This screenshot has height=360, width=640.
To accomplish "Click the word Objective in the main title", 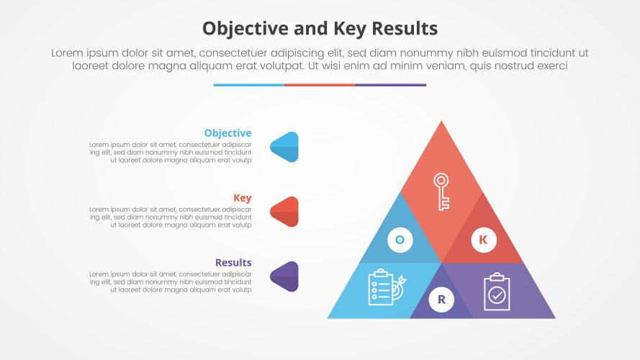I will pos(244,28).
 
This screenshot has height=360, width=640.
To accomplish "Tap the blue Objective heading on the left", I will pos(227,133).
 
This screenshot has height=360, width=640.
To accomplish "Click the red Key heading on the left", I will pos(243,198).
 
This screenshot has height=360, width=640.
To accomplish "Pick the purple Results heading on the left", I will pos(233,263).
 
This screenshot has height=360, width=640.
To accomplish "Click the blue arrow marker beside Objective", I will pos(285,147).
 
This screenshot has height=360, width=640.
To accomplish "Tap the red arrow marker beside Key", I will pos(285,212).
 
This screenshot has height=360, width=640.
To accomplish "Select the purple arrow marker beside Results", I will pos(285,276).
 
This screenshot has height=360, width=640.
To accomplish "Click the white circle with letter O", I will pos(400,240).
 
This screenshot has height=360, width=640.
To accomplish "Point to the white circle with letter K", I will pos(483,240).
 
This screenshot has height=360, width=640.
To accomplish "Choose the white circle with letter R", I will pos(441,299).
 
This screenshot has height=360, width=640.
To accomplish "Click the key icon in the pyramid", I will pos(441,190).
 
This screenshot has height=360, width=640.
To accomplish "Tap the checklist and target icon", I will pos(386,287).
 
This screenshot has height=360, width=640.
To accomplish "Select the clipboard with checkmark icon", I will pos(497,292).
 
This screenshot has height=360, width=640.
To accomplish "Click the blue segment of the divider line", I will pos(248,85).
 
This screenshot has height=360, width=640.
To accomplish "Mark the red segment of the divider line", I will pos(320,85).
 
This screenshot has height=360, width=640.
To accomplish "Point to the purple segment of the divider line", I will pos(391,85).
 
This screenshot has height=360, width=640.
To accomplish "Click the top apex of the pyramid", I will pos(441,125).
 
